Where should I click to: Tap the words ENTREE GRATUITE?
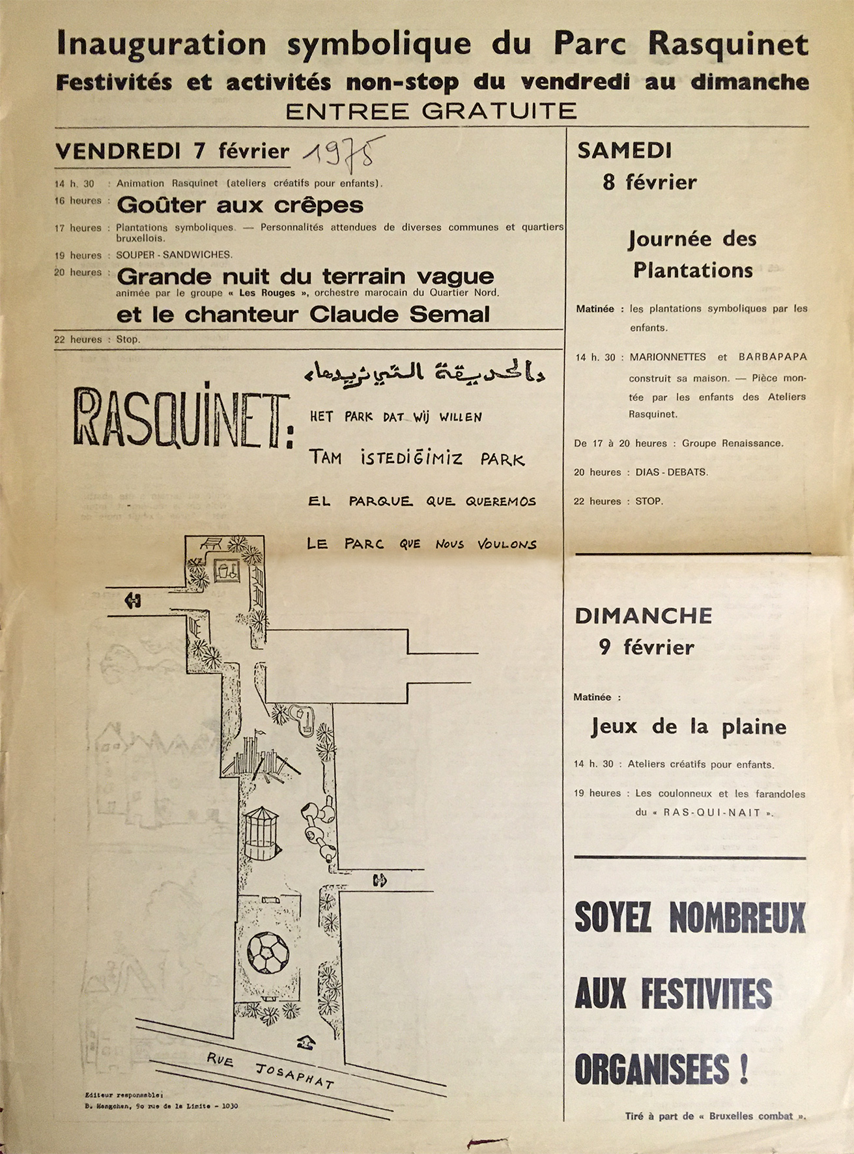(x=431, y=111)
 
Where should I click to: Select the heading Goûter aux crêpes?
(x=240, y=205)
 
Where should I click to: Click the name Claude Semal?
(x=399, y=315)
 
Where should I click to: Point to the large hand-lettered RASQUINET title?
(x=182, y=417)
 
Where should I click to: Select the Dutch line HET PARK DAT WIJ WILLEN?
(x=395, y=417)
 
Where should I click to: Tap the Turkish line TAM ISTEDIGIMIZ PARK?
(x=417, y=459)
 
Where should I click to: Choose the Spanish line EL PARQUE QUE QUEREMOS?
(x=422, y=501)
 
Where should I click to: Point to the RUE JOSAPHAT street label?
(x=270, y=1070)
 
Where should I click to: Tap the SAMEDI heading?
(x=624, y=150)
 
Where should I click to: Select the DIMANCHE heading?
(x=643, y=616)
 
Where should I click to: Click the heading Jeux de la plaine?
(x=689, y=726)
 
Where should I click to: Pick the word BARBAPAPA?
(x=773, y=357)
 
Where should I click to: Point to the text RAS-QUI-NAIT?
(x=713, y=813)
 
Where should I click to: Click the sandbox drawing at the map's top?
(x=227, y=571)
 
